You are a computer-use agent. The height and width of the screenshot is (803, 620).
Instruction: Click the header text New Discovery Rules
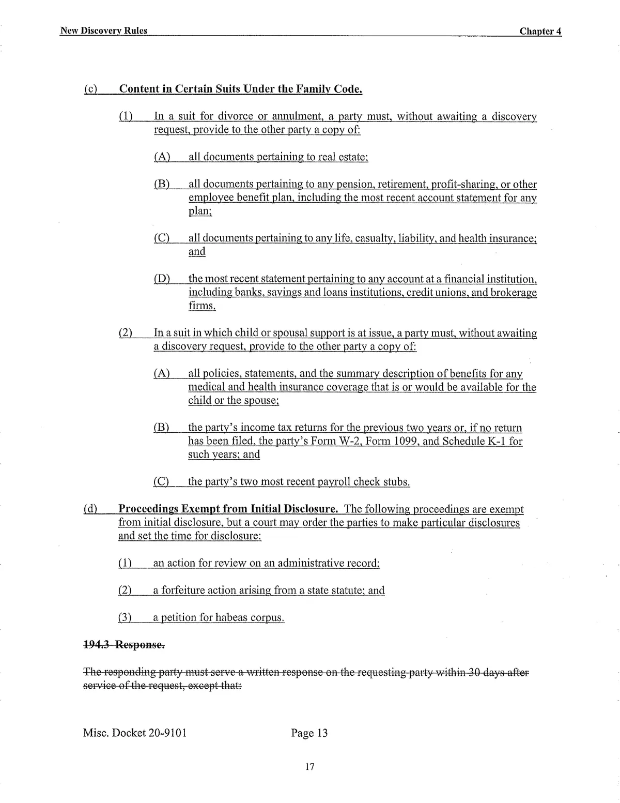pos(104,31)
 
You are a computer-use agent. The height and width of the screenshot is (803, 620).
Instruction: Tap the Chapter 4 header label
pos(540,31)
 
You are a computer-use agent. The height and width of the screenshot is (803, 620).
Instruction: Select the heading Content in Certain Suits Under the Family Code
pos(241,89)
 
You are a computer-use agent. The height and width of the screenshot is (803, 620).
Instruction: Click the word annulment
pos(296,116)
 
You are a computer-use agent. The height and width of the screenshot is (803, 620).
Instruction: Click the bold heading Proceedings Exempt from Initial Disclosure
pos(228,509)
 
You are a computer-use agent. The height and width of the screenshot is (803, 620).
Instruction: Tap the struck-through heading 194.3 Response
pos(124,645)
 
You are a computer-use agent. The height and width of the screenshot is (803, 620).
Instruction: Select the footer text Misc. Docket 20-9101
pos(135,733)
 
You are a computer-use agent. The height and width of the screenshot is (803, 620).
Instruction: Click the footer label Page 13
pos(309,733)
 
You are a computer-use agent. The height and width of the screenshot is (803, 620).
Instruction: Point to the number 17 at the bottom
pos(309,766)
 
